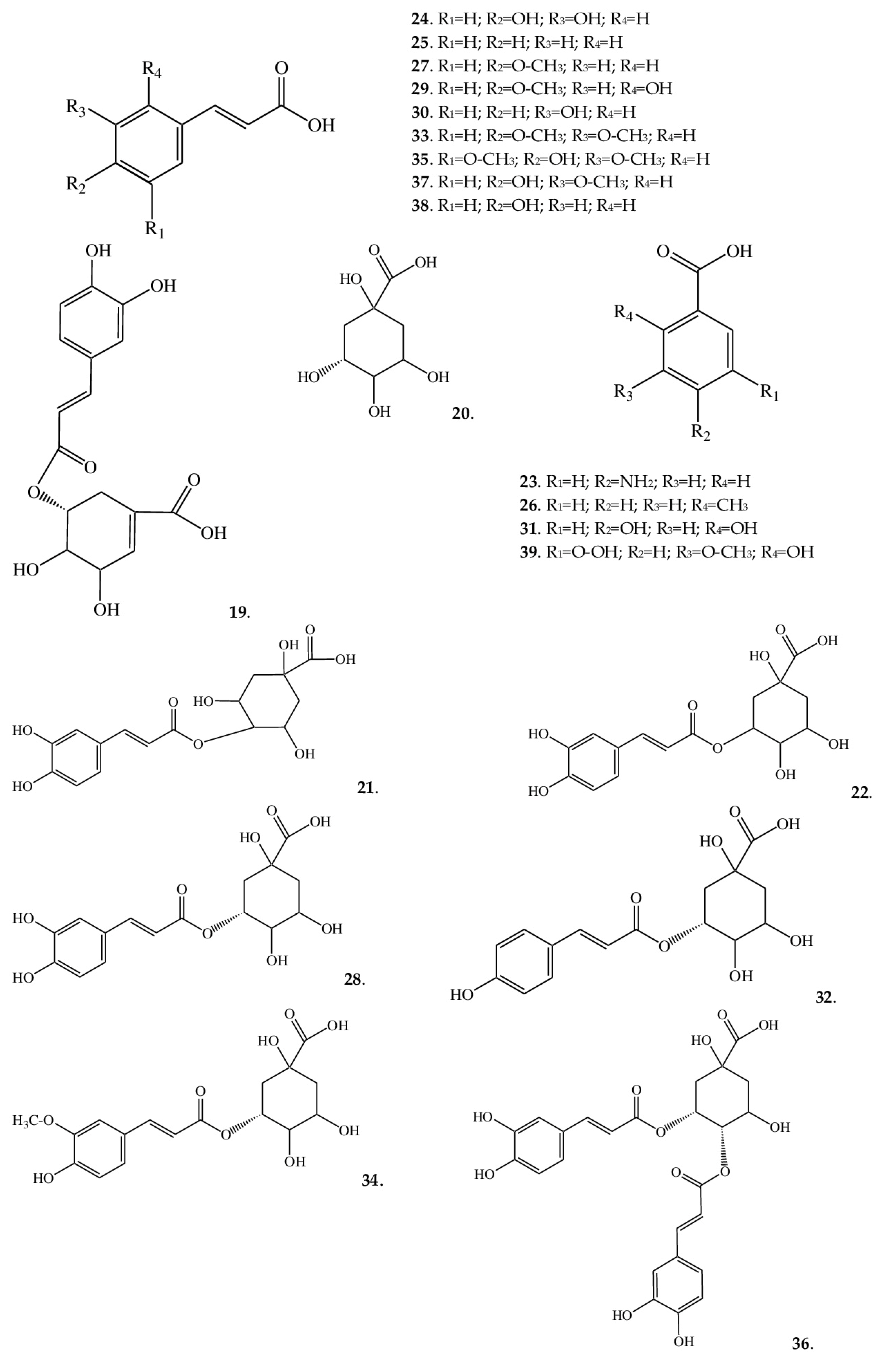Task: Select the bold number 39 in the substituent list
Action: click(529, 552)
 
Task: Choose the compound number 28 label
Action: click(352, 979)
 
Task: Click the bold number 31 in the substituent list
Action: click(529, 528)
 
